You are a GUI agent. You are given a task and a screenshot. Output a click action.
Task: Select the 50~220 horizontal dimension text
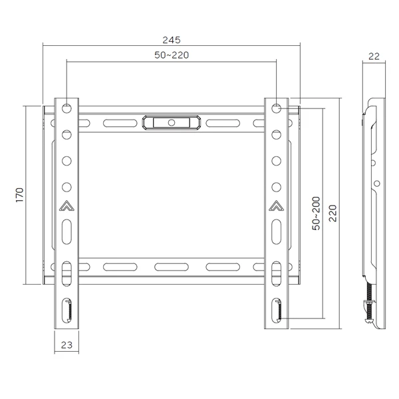172,56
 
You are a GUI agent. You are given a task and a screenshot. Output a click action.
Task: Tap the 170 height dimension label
20,195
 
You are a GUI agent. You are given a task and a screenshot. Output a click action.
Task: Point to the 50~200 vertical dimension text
317,213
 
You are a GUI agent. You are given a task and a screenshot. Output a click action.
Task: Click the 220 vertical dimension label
332,213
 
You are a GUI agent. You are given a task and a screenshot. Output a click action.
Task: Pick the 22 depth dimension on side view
374,57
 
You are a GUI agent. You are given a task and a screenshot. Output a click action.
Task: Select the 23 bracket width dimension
66,344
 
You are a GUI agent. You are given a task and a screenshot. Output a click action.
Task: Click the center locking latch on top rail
172,122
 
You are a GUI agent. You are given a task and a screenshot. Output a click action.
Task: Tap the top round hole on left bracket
67,107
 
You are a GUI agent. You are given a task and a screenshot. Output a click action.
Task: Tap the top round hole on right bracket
277,107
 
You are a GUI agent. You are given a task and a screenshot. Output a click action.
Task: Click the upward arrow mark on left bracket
67,205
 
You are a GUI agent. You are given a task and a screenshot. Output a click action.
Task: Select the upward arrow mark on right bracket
277,205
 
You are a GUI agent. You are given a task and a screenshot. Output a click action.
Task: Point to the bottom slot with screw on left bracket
67,310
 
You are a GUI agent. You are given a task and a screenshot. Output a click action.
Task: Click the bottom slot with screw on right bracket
277,310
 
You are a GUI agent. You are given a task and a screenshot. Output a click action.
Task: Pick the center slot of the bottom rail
172,267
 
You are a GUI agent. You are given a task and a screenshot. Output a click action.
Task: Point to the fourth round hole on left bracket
67,186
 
